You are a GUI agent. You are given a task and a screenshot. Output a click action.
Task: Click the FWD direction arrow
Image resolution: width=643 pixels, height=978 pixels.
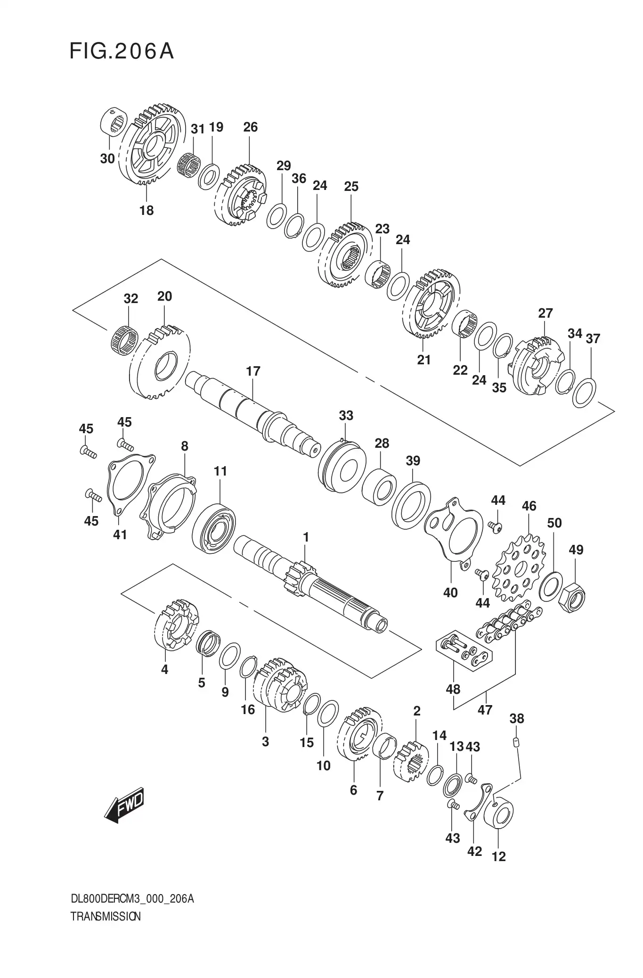pyautogui.click(x=124, y=805)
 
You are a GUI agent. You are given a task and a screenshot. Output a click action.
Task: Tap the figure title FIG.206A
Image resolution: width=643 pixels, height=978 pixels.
pyautogui.click(x=122, y=51)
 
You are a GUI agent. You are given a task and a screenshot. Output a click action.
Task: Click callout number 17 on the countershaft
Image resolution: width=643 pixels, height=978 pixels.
pyautogui.click(x=253, y=371)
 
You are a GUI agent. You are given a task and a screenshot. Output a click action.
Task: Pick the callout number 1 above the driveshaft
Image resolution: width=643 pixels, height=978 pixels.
pyautogui.click(x=306, y=537)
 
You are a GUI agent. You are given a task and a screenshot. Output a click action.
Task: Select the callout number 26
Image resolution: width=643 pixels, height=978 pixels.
pyautogui.click(x=251, y=127)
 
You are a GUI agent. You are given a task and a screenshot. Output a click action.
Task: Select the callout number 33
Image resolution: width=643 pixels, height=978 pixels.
pyautogui.click(x=346, y=416)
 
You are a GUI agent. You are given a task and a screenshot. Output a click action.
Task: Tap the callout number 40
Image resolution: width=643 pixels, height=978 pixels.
pyautogui.click(x=450, y=593)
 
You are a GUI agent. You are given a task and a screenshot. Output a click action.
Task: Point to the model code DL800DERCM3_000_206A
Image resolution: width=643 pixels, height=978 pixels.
pyautogui.click(x=132, y=899)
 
